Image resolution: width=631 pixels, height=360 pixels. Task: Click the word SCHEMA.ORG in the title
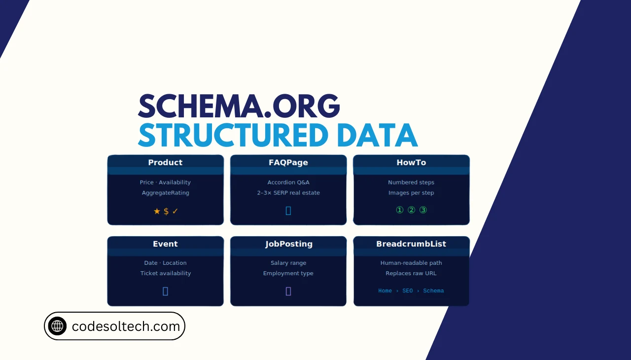click(x=239, y=106)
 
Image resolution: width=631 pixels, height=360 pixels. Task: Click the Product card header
click(x=165, y=162)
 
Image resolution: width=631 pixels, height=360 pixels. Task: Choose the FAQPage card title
click(x=288, y=162)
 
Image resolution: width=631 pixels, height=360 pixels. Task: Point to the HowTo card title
click(x=411, y=162)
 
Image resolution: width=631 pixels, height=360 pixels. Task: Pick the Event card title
click(x=165, y=244)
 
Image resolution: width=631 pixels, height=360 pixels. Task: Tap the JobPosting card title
click(x=288, y=244)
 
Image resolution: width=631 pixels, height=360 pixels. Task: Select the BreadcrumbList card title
click(x=411, y=244)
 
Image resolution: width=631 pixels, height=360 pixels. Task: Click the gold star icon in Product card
click(x=157, y=211)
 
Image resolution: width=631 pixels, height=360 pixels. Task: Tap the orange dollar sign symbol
click(x=166, y=211)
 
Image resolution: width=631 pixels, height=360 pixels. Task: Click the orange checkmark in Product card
click(x=175, y=211)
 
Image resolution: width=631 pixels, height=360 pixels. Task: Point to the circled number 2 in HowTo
click(x=411, y=210)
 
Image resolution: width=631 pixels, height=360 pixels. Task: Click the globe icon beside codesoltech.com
click(x=57, y=326)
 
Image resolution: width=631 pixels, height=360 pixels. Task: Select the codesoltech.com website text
click(x=126, y=326)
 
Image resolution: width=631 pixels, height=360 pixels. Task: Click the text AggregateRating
click(x=165, y=193)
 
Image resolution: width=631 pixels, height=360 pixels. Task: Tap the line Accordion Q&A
click(x=288, y=182)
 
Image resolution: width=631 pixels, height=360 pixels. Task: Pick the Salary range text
click(x=288, y=263)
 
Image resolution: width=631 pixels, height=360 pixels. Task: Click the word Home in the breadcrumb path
click(x=385, y=291)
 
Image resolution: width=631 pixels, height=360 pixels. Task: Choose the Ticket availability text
click(x=165, y=273)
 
